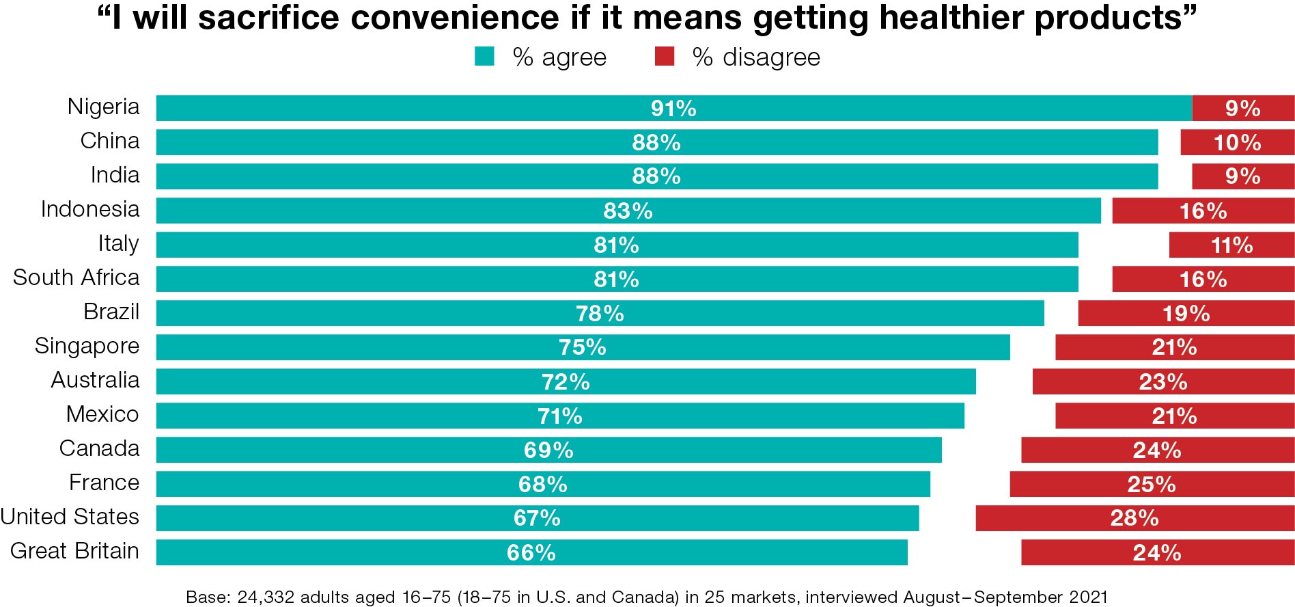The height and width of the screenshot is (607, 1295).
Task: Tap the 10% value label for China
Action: click(1237, 142)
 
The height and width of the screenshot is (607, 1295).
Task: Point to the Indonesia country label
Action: click(89, 209)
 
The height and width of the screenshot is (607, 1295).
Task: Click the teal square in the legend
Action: click(484, 56)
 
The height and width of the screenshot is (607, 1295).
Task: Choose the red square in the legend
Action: click(664, 56)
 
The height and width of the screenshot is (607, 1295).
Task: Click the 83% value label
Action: click(628, 211)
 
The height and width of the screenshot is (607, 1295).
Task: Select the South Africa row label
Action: click(76, 278)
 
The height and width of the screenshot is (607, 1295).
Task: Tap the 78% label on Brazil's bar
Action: click(600, 313)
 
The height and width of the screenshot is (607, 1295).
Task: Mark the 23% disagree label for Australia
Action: click(1162, 381)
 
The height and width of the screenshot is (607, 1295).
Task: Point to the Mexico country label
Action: click(102, 414)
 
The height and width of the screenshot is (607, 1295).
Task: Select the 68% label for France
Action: click(542, 484)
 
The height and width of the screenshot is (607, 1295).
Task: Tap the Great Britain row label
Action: click(74, 551)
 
